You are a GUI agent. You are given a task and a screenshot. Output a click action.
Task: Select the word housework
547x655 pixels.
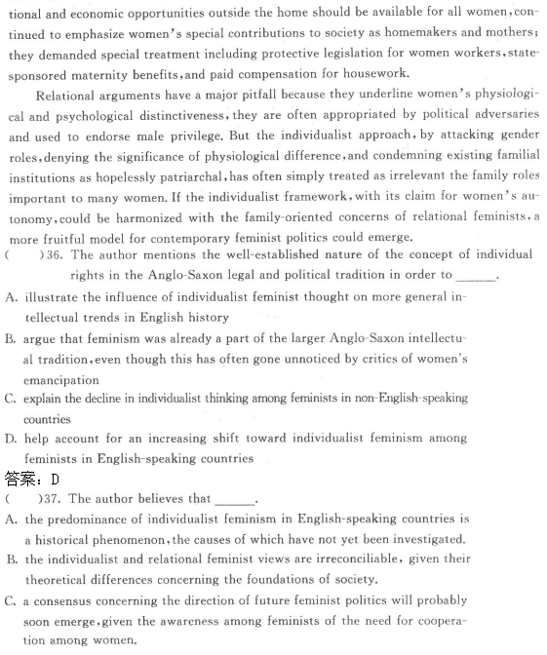tap(375, 73)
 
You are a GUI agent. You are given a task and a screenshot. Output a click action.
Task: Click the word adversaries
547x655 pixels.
tap(504, 115)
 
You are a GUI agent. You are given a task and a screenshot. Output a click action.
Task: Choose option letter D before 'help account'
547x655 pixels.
tap(11, 439)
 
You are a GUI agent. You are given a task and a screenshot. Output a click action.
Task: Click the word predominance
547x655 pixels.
tap(96, 520)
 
